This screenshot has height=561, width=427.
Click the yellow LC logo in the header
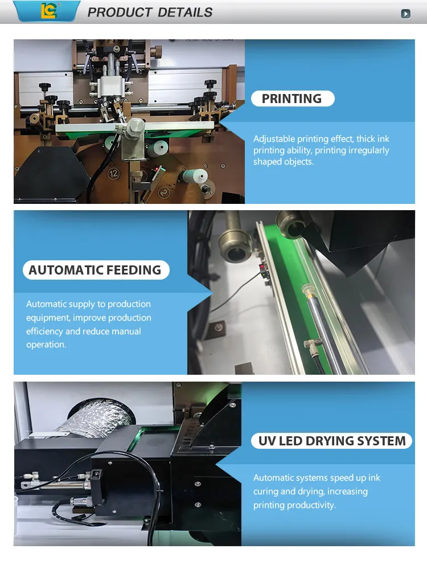(48, 10)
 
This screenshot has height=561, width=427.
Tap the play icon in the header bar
(405, 14)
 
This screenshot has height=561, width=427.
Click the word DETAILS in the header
(185, 13)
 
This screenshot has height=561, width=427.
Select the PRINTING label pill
(293, 99)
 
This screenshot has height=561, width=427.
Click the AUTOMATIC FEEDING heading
(95, 270)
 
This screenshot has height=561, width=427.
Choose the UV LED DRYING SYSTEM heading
(332, 441)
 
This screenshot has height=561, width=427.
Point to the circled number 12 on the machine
(113, 174)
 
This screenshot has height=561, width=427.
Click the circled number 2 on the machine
(164, 193)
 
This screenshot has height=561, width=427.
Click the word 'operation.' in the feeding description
(46, 345)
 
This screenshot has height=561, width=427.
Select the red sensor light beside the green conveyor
(262, 267)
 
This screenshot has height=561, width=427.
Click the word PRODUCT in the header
(120, 13)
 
